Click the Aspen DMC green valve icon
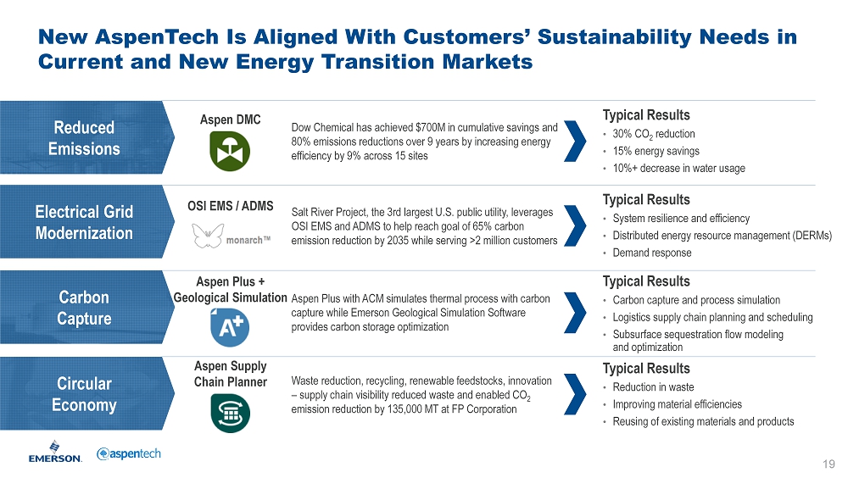pyautogui.click(x=230, y=152)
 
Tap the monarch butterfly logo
pyautogui.click(x=209, y=236)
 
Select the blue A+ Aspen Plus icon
pyautogui.click(x=230, y=327)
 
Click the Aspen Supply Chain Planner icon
pyautogui.click(x=230, y=413)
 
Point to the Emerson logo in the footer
pyautogui.click(x=55, y=452)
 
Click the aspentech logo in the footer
pyautogui.click(x=129, y=453)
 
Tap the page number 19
pyautogui.click(x=828, y=464)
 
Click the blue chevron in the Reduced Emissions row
pyautogui.click(x=575, y=142)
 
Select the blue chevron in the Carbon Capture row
pyautogui.click(x=575, y=313)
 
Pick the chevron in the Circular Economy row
pyautogui.click(x=575, y=394)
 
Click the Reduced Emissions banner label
pyautogui.click(x=84, y=138)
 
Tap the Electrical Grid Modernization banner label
pyautogui.click(x=84, y=222)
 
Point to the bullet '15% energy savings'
pyautogui.click(x=656, y=151)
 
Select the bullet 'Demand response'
pyautogui.click(x=651, y=253)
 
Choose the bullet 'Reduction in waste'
pyautogui.click(x=653, y=386)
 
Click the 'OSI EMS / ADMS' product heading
pyautogui.click(x=231, y=206)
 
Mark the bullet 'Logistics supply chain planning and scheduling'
pyautogui.click(x=713, y=318)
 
